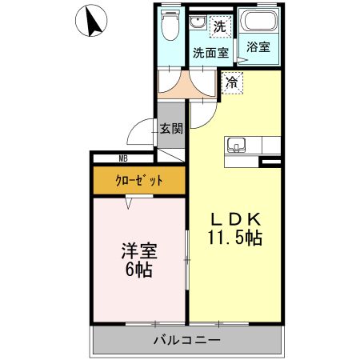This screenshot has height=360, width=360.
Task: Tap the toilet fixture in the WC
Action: [170, 28]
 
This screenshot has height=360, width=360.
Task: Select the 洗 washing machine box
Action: [219, 25]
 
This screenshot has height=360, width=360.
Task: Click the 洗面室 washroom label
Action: [210, 53]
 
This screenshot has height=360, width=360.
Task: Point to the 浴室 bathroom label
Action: [258, 47]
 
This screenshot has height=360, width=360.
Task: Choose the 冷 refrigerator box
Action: [230, 81]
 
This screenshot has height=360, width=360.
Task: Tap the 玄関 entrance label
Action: [170, 128]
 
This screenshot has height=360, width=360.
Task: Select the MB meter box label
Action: [123, 158]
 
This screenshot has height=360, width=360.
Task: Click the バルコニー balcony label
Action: [186, 341]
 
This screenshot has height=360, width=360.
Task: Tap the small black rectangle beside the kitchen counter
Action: [271, 162]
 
